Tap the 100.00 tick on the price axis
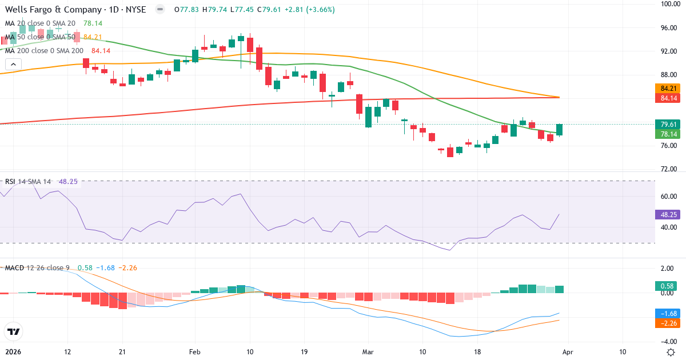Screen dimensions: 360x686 [x=669, y=4]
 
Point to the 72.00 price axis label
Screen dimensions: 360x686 [x=669, y=169]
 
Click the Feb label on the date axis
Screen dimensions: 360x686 [x=195, y=351]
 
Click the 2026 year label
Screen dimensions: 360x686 [x=13, y=351]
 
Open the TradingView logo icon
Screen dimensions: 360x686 [x=13, y=331]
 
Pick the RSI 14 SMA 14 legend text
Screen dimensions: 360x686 [x=28, y=182]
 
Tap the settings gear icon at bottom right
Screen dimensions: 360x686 [x=670, y=351]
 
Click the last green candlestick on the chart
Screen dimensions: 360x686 [x=560, y=130]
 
